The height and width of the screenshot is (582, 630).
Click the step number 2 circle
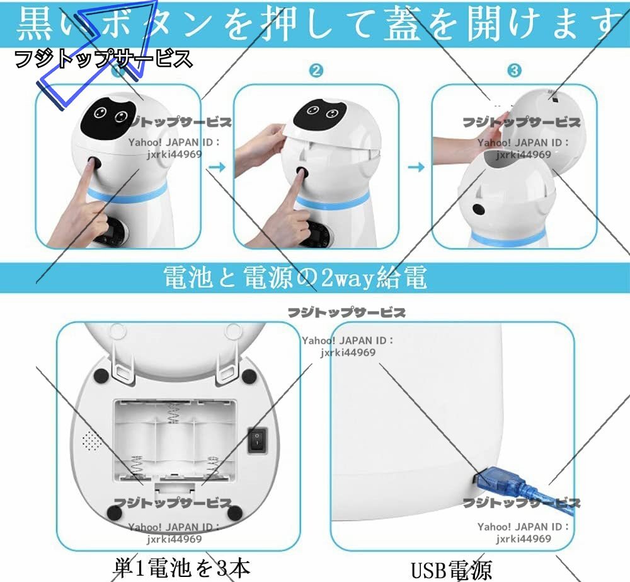316,71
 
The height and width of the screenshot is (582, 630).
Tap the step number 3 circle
514,71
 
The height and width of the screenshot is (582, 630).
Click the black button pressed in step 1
95,163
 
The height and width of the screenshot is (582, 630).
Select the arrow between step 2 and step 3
416,166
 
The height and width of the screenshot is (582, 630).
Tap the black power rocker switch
257,439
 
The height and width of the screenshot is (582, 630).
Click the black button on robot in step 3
478,209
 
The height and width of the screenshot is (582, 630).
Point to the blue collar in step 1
126,192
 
